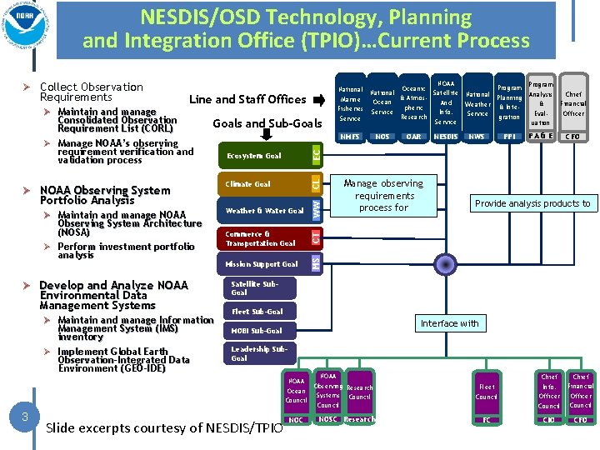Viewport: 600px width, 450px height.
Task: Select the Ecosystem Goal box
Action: (x=262, y=156)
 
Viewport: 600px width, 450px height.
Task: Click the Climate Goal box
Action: (x=262, y=184)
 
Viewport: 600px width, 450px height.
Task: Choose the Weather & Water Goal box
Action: (x=263, y=211)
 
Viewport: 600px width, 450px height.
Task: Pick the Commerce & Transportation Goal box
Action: (x=263, y=238)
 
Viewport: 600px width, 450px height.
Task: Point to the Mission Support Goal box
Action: (x=262, y=264)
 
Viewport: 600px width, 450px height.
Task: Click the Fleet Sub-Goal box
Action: (x=257, y=312)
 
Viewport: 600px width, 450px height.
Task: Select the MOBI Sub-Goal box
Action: (x=257, y=331)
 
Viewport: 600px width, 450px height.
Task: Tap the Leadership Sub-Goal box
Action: (x=257, y=353)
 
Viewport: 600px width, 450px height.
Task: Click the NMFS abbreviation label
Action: (x=350, y=136)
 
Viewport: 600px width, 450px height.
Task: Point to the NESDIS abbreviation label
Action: (x=446, y=136)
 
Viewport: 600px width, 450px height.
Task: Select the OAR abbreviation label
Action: (x=414, y=136)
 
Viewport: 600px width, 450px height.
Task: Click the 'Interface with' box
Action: (x=450, y=323)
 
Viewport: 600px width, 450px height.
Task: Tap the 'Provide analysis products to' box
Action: (x=532, y=203)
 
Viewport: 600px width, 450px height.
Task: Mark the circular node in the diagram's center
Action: (x=447, y=264)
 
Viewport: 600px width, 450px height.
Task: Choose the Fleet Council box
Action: (x=487, y=392)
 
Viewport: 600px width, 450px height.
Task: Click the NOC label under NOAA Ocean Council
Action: (x=296, y=419)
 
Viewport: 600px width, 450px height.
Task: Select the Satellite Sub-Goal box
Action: (x=257, y=288)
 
